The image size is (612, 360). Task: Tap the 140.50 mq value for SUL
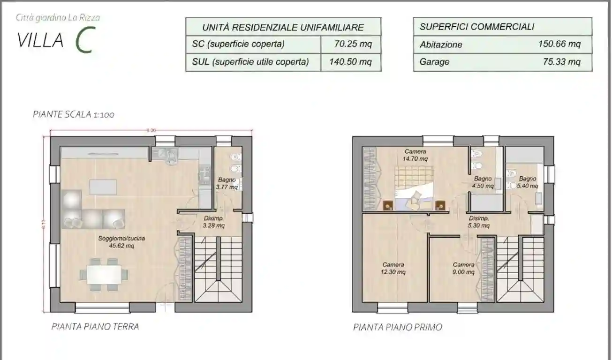[350, 62]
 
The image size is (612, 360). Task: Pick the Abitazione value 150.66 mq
[559, 44]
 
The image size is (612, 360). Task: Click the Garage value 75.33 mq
[561, 61]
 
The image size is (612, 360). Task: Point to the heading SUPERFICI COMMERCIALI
[477, 27]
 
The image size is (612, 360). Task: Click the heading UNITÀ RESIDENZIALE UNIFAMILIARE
[283, 27]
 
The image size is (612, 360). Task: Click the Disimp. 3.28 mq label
[213, 222]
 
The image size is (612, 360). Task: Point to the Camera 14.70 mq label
[415, 155]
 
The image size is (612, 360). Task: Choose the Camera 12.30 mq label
[393, 268]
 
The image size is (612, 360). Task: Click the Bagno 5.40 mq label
[527, 182]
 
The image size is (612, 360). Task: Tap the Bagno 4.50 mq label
[483, 182]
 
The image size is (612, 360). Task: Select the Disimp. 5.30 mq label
[479, 222]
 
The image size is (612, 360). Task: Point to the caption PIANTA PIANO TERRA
[95, 327]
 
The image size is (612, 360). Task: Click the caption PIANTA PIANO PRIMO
[397, 327]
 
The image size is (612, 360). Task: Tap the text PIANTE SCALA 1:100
[74, 114]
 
